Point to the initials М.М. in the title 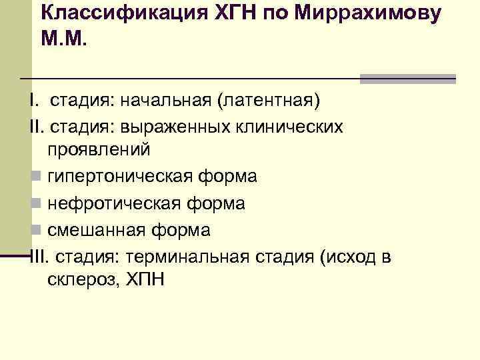64,38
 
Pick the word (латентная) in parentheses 267,101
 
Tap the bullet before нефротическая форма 35,203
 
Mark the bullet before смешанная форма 35,230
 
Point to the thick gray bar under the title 407,79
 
